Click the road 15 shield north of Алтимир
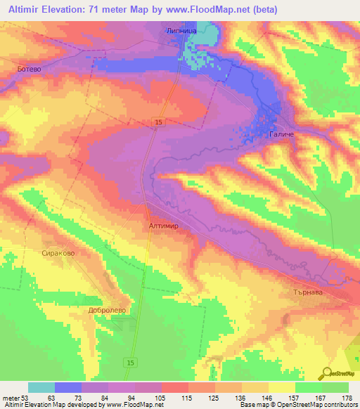click(160, 123)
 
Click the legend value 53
click(15, 397)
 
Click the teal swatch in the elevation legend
click(41, 387)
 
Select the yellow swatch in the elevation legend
click(282, 387)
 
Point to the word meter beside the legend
click(9, 397)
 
